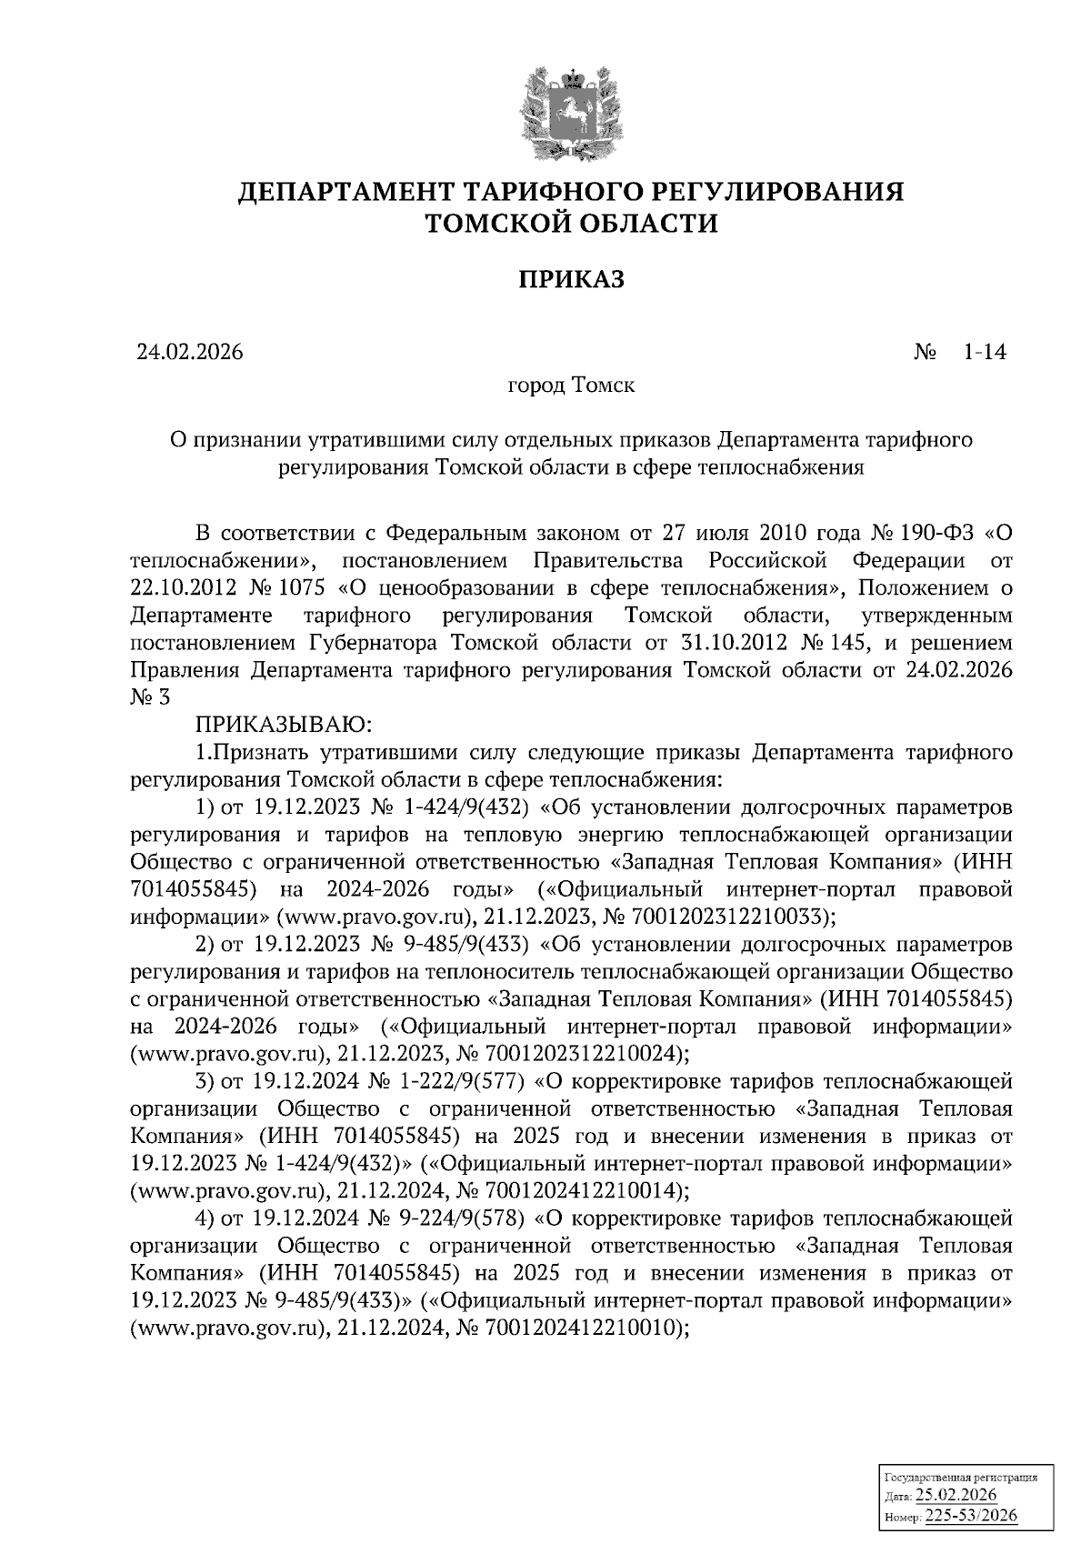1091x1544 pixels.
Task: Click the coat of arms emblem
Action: click(571, 113)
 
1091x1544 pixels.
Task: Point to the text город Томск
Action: click(571, 385)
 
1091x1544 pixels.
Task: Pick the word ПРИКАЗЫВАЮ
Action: click(280, 725)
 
